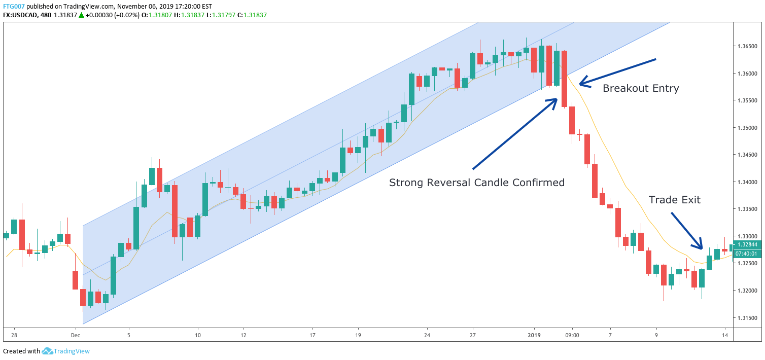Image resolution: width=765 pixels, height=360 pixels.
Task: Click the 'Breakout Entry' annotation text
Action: [640, 88]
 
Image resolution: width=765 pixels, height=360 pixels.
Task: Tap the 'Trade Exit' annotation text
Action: [674, 200]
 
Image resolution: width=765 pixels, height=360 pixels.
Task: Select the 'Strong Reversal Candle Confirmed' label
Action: [476, 183]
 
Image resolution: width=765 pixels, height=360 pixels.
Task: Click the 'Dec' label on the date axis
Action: [76, 335]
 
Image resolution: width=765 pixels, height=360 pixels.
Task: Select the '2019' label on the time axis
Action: [534, 335]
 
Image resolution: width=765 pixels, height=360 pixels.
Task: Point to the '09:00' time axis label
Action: [572, 335]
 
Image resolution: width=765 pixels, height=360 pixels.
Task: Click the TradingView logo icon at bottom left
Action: [48, 351]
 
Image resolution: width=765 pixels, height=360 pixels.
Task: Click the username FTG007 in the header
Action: [14, 6]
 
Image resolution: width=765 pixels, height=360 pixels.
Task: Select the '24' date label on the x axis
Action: [427, 335]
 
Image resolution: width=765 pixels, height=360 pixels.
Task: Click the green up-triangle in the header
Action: [81, 15]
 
